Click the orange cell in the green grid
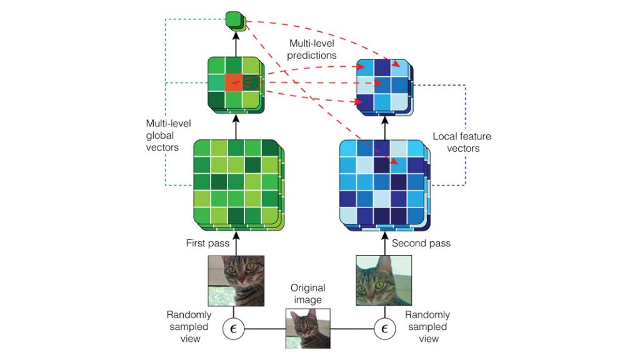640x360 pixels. click(233, 82)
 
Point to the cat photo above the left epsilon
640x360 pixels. click(236, 280)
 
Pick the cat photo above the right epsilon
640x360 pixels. click(384, 280)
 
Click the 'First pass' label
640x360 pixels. click(207, 242)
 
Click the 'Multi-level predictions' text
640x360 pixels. click(312, 49)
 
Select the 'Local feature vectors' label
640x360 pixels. click(462, 142)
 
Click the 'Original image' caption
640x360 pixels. click(308, 294)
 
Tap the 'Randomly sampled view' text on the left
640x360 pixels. click(189, 326)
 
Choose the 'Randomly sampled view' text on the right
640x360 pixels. click(427, 326)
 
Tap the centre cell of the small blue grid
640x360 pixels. click(382, 83)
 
